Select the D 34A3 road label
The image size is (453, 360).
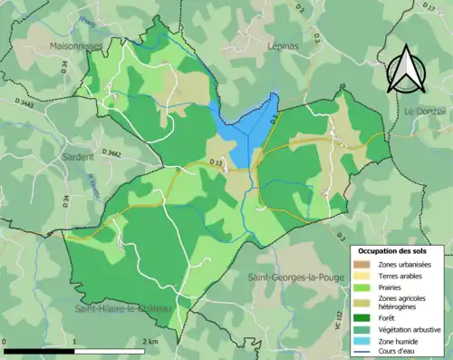tap(35, 106)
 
